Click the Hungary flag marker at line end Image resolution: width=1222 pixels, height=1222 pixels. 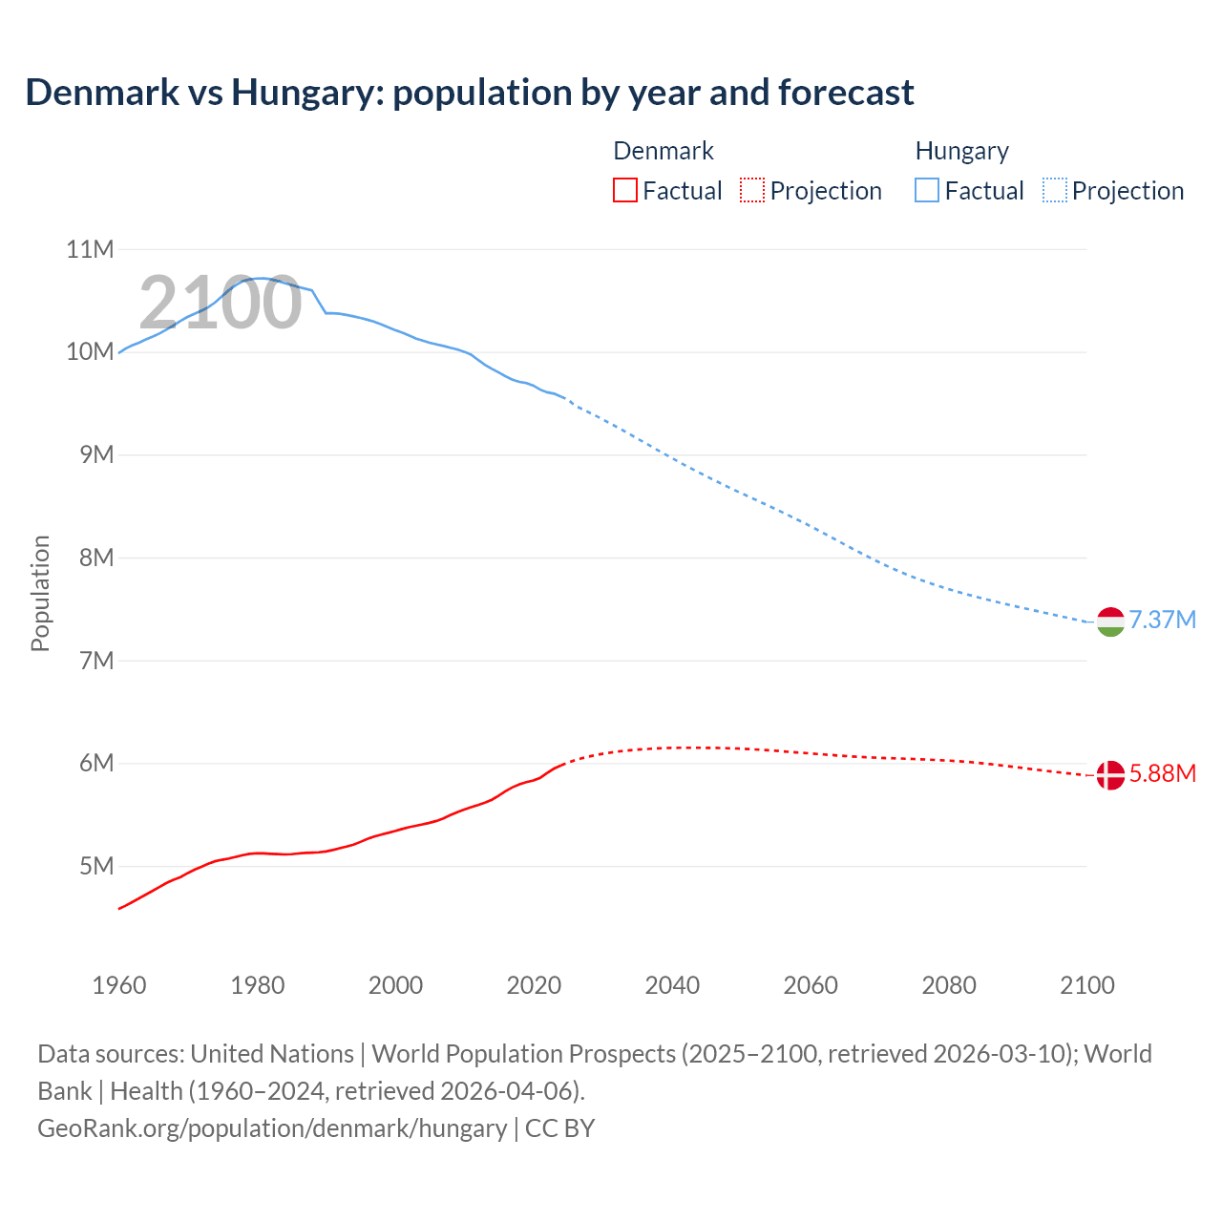tap(1110, 622)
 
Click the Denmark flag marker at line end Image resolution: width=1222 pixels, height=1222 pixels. tap(1110, 775)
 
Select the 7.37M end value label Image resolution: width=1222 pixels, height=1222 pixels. tap(1162, 620)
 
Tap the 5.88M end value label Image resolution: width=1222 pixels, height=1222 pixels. tap(1162, 773)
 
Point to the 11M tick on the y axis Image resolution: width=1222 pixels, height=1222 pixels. tap(90, 250)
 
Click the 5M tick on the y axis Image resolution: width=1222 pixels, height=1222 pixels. tap(95, 866)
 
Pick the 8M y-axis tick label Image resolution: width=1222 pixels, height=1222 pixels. tap(95, 558)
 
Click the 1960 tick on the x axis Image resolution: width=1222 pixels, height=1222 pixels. tap(119, 985)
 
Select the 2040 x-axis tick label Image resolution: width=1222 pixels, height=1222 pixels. tap(672, 985)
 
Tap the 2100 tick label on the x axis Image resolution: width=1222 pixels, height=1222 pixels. tap(1086, 985)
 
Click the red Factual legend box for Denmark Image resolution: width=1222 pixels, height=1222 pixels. tap(625, 191)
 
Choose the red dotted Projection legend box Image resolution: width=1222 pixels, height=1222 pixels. tap(752, 191)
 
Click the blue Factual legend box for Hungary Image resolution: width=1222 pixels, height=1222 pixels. tap(927, 191)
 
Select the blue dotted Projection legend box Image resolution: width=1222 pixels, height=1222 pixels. tap(1054, 191)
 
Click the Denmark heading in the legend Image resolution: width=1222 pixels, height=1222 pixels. tap(664, 151)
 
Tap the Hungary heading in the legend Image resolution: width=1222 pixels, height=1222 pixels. tap(961, 151)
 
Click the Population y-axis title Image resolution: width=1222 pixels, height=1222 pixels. tap(40, 593)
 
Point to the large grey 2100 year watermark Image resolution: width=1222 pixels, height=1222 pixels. tap(221, 303)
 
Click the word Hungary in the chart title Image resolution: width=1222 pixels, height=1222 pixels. tap(307, 93)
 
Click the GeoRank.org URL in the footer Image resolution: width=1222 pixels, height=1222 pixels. tap(272, 1128)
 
